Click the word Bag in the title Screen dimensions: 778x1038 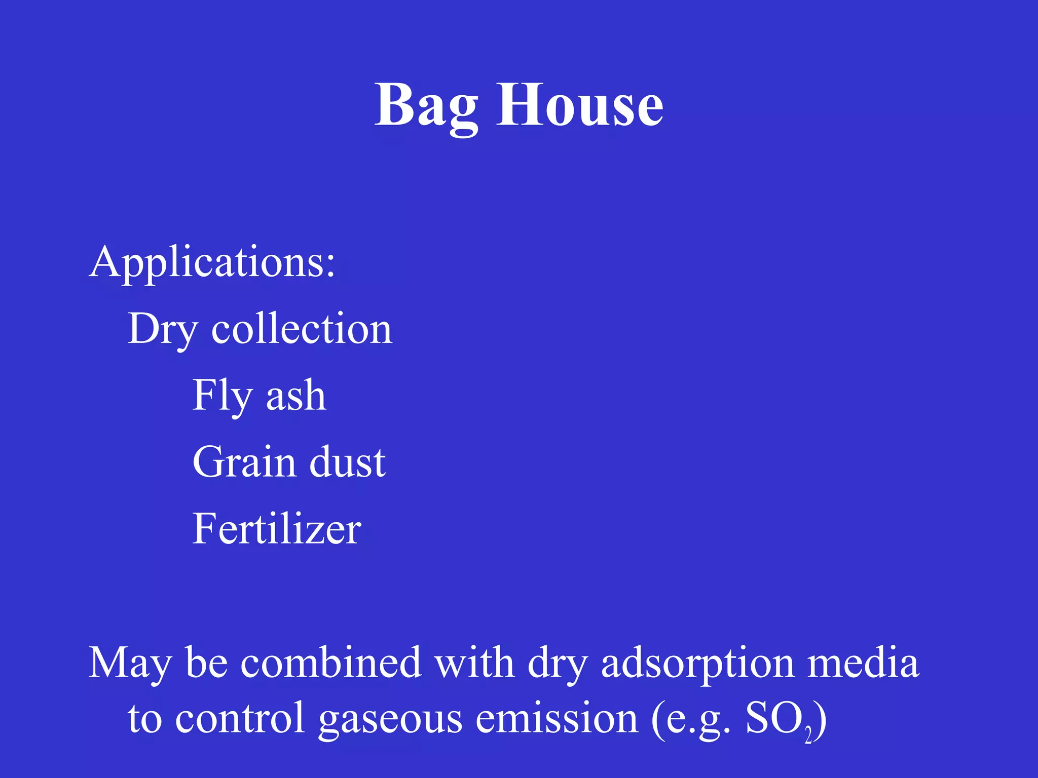[x=426, y=106]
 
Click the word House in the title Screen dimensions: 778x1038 [x=579, y=106]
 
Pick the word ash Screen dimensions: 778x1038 [x=296, y=396]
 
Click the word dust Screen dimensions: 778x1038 [x=347, y=462]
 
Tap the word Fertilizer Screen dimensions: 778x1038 [x=277, y=529]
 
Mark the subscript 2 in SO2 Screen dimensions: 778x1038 [x=808, y=735]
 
